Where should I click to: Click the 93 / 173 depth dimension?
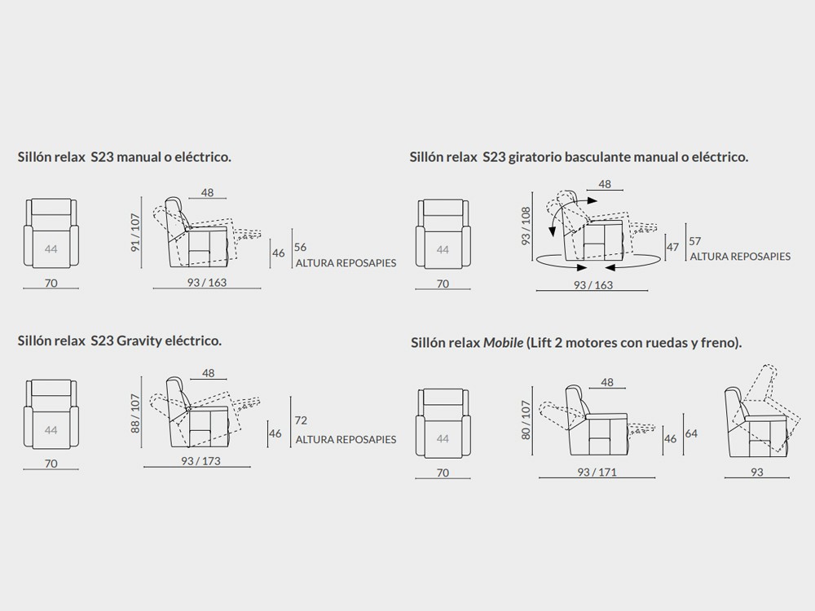coord(200,461)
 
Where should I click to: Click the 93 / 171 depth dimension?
coord(597,472)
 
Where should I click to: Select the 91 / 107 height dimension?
coord(135,232)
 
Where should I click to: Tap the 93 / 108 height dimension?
coord(526,226)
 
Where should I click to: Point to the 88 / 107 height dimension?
coord(135,413)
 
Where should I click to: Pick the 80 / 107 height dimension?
coord(526,420)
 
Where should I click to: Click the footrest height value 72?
coord(301,420)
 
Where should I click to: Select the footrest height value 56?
coord(301,247)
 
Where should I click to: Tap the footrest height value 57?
coord(695,241)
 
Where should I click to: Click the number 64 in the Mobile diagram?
coord(691,433)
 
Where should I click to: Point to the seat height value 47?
coord(672,247)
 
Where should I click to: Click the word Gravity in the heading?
coord(139,341)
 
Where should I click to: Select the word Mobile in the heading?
coord(503,343)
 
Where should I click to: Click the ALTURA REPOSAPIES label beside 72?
coord(346,440)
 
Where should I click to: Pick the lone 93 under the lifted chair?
coord(757,472)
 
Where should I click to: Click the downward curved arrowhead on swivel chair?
coord(552,231)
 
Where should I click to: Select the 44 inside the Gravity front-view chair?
coord(51,429)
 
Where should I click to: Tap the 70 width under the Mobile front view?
coord(443,473)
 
